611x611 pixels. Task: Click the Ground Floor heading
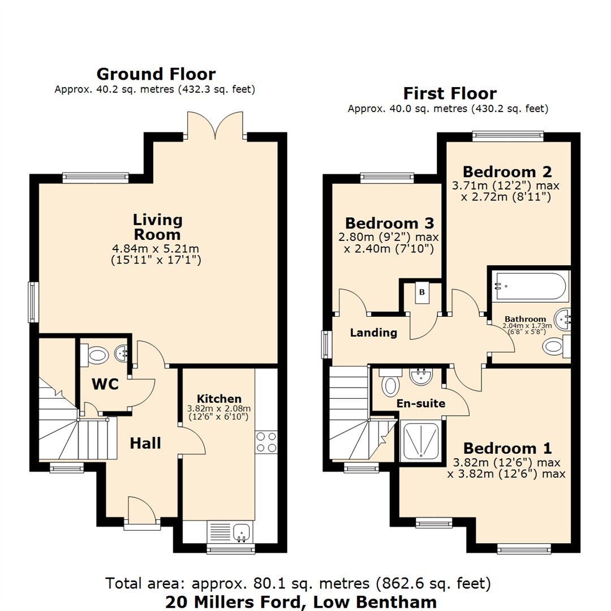156,74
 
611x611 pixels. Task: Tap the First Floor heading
450,93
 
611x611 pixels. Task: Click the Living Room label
157,227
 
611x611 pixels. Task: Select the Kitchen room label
219,399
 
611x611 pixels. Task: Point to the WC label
105,384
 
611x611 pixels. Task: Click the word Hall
145,443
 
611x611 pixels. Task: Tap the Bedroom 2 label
507,171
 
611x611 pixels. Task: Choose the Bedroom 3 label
389,223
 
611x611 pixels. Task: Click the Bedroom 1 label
507,448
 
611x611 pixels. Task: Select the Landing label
373,333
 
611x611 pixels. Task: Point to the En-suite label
421,403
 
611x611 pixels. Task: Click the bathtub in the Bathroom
530,286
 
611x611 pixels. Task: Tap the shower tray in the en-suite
421,441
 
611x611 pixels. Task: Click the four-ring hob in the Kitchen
266,442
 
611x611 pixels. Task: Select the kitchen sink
242,532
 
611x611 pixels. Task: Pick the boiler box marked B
421,292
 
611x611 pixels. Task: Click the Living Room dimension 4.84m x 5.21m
156,248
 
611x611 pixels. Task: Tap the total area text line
298,583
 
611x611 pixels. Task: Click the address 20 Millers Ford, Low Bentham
301,602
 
